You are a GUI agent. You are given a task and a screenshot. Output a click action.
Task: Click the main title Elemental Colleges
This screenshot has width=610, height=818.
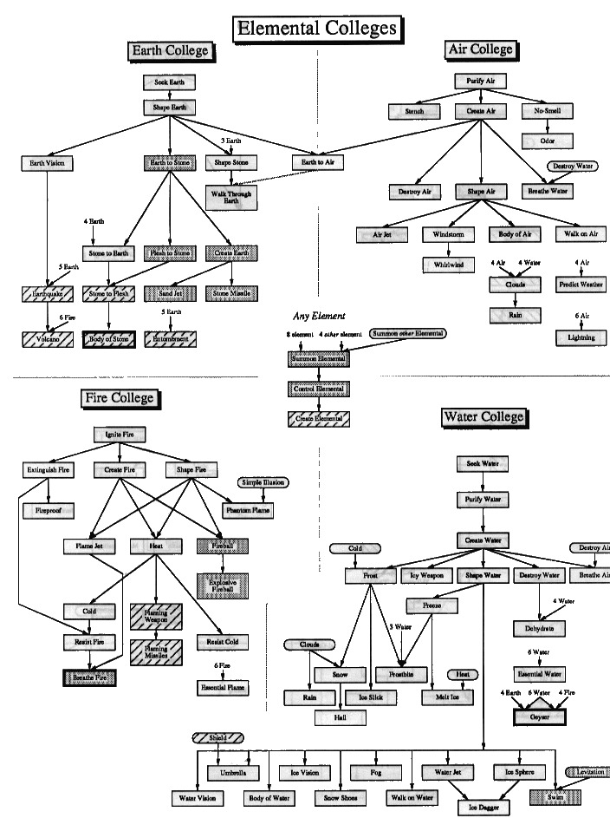pyautogui.click(x=317, y=28)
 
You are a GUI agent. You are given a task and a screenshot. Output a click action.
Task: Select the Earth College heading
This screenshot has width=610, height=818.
pyautogui.click(x=170, y=51)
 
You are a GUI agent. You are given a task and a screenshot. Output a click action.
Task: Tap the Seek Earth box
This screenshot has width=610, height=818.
pyautogui.click(x=169, y=82)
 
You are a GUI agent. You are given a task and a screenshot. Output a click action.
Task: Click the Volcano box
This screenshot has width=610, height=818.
pyautogui.click(x=42, y=340)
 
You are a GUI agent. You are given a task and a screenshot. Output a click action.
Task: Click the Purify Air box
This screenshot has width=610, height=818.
pyautogui.click(x=479, y=82)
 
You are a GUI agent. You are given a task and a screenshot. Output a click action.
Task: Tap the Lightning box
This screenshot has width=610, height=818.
pyautogui.click(x=581, y=337)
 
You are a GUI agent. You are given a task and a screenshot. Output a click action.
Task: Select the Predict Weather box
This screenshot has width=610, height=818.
pyautogui.click(x=581, y=285)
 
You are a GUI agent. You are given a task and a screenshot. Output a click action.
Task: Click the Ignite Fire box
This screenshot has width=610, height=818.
pyautogui.click(x=120, y=434)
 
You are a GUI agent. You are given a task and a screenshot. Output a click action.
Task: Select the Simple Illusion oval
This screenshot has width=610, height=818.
pyautogui.click(x=264, y=481)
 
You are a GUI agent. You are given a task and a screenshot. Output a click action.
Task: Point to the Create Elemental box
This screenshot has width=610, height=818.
pyautogui.click(x=320, y=419)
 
